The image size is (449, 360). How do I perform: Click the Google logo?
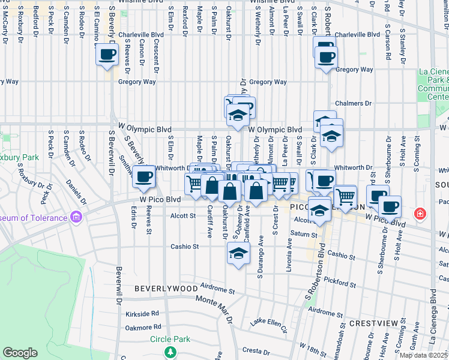click(20, 353)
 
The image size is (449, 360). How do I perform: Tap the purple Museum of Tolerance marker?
click(75, 216)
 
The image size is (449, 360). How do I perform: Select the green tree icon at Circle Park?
click(170, 351)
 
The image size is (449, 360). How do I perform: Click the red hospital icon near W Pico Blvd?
click(421, 213)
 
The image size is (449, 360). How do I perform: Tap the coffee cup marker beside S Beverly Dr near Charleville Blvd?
click(107, 55)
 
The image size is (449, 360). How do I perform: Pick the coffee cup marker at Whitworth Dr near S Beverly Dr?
click(143, 176)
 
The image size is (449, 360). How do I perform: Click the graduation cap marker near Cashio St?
click(238, 253)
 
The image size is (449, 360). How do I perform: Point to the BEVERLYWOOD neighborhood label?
click(166, 289)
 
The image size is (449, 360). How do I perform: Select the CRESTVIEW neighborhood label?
click(373, 323)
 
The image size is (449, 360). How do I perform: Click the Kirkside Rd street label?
click(143, 314)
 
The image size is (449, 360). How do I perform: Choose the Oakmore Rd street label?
click(143, 328)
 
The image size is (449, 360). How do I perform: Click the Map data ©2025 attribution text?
click(423, 355)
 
